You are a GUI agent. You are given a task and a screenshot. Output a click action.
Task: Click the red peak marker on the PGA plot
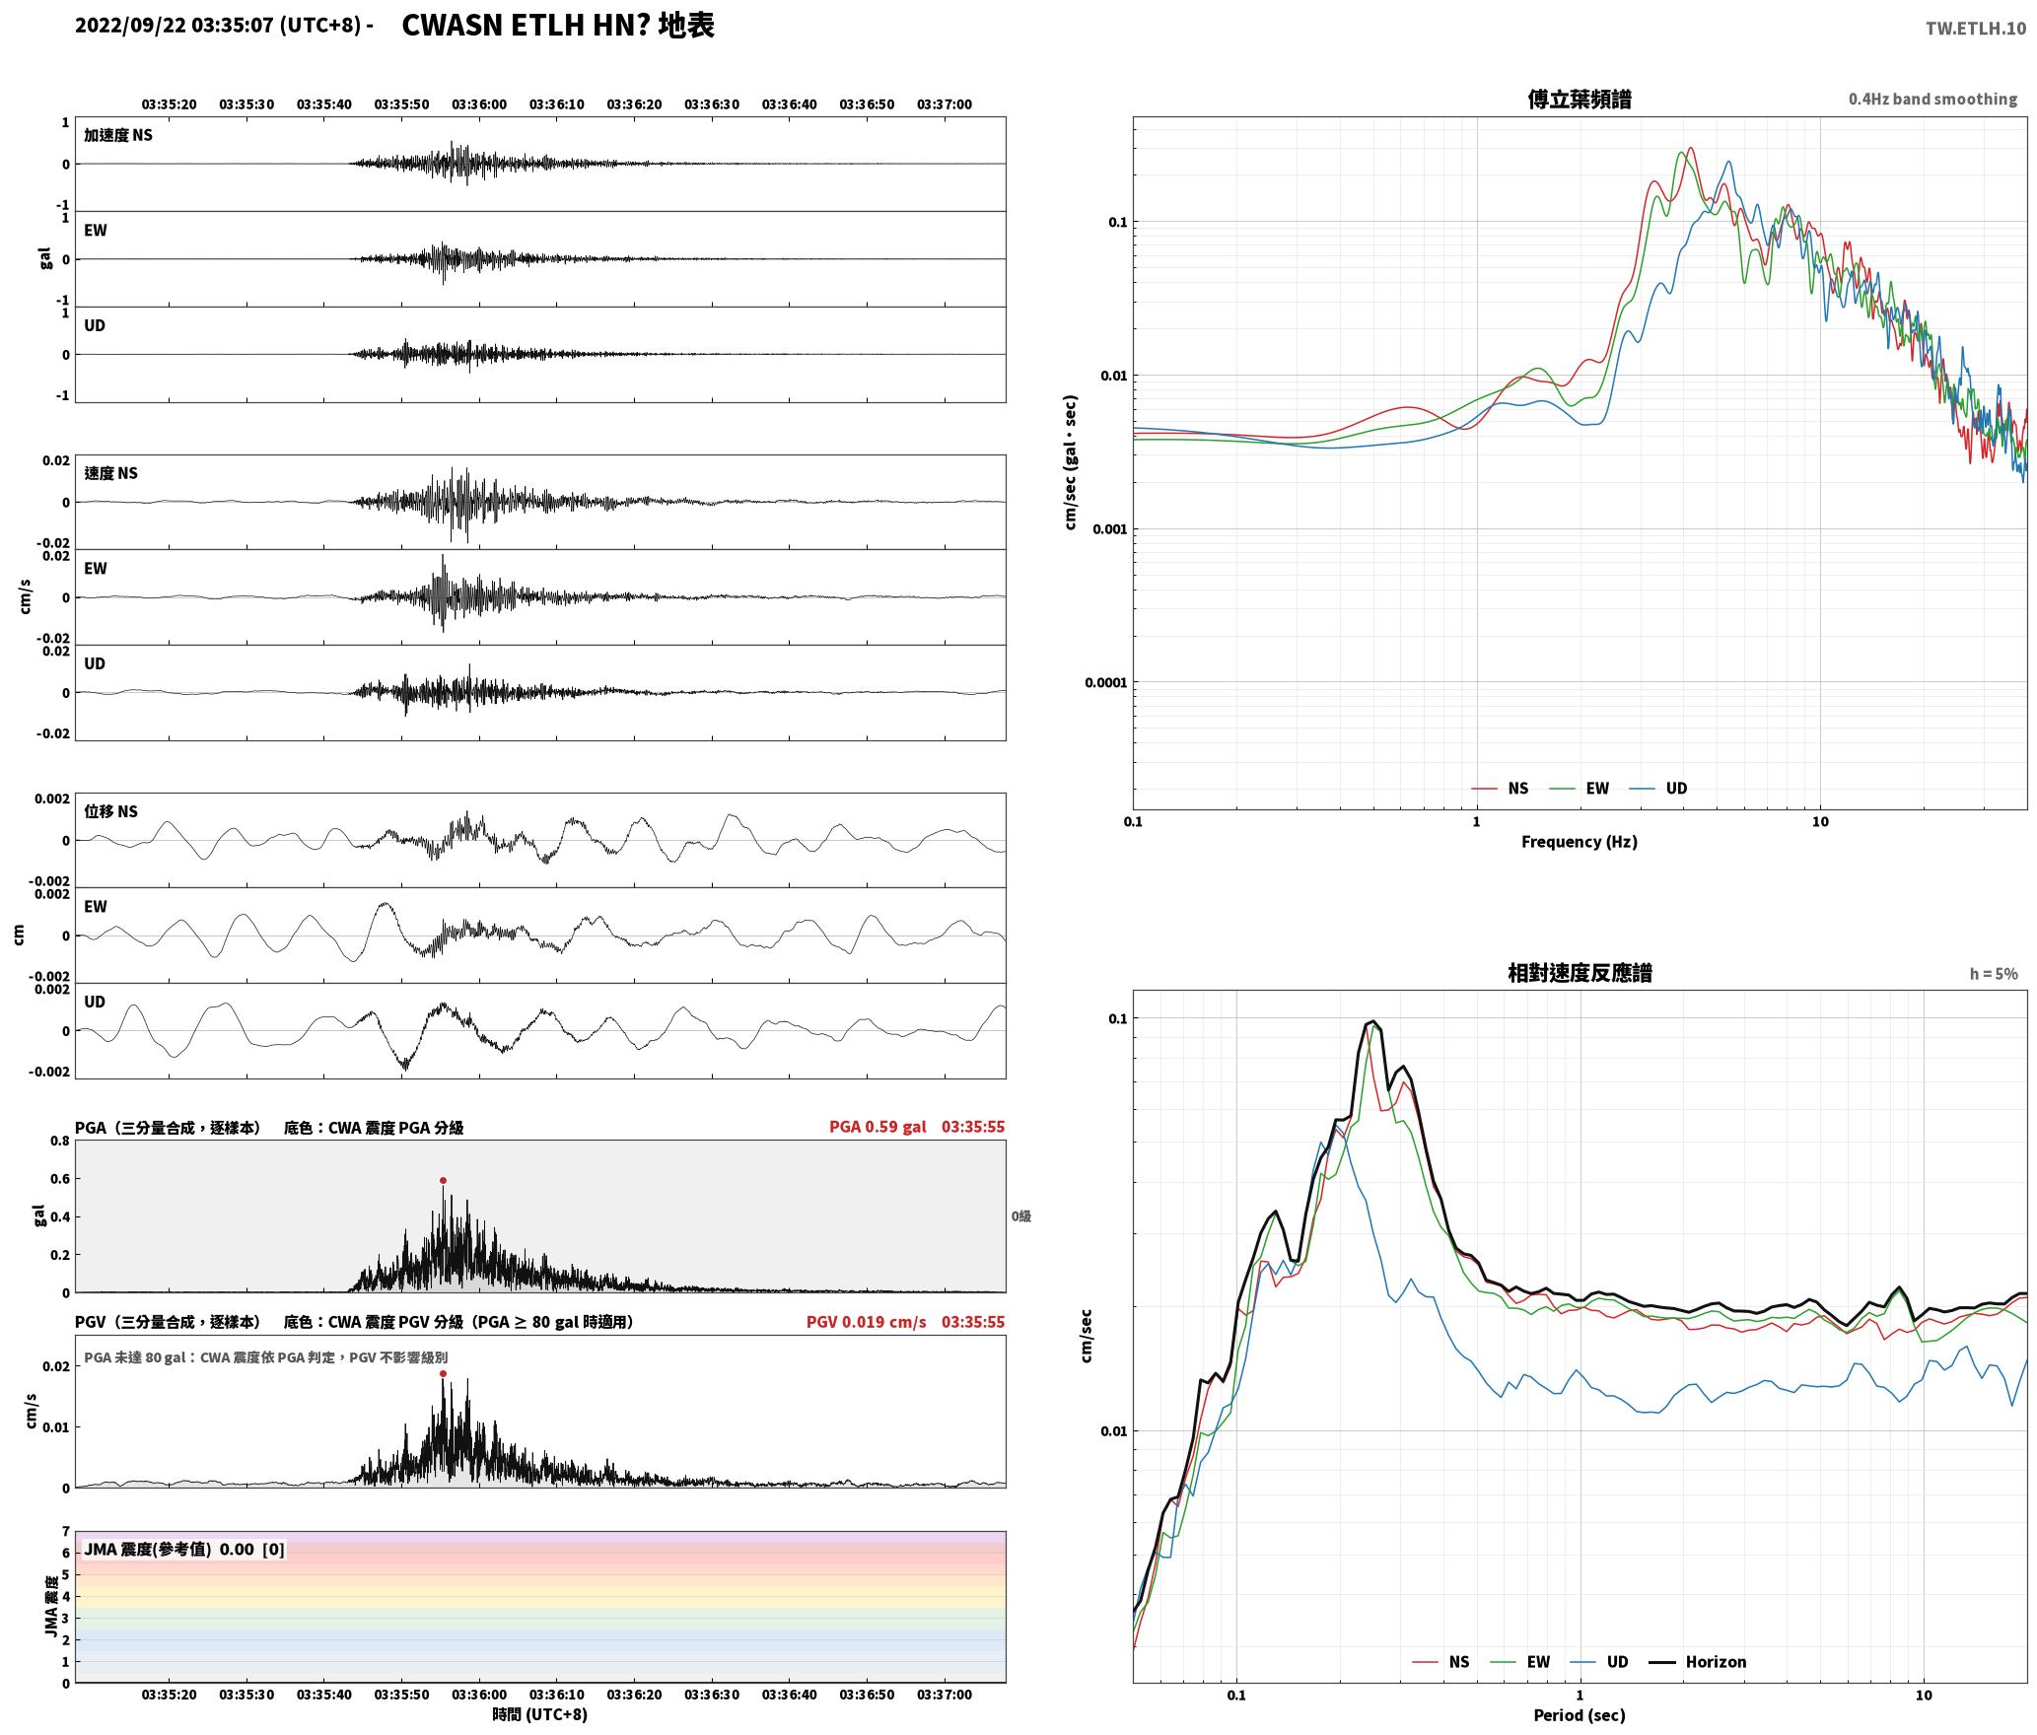coord(443,1180)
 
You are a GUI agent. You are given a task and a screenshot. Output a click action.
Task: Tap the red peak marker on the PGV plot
coord(443,1373)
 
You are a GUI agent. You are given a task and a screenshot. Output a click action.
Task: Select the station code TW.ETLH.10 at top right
coord(1976,28)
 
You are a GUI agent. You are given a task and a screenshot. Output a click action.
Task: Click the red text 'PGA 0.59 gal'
coord(878,1127)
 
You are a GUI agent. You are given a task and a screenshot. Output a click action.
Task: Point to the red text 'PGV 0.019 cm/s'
coord(866,1322)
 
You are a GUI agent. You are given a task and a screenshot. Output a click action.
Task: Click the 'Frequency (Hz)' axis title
coord(1579,842)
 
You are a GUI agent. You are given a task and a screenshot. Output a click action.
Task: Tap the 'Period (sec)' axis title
coord(1579,1715)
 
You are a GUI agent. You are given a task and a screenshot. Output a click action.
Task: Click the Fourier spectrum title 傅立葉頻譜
coord(1579,100)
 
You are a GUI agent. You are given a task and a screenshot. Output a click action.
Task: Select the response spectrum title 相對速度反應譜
coord(1579,973)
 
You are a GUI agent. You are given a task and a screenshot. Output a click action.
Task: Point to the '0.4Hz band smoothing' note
coord(1932,100)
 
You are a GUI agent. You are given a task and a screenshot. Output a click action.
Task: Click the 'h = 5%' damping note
coord(1994,974)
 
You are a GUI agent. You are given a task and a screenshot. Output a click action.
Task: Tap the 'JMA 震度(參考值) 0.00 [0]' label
coord(184,1550)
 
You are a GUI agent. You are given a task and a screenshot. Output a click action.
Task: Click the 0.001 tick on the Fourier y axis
coord(1108,529)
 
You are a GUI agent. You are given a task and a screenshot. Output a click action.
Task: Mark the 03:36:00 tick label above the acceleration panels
coord(479,104)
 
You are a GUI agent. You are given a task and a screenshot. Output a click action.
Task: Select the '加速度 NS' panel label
coord(118,136)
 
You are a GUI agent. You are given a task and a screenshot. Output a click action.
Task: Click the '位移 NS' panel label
coord(110,812)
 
